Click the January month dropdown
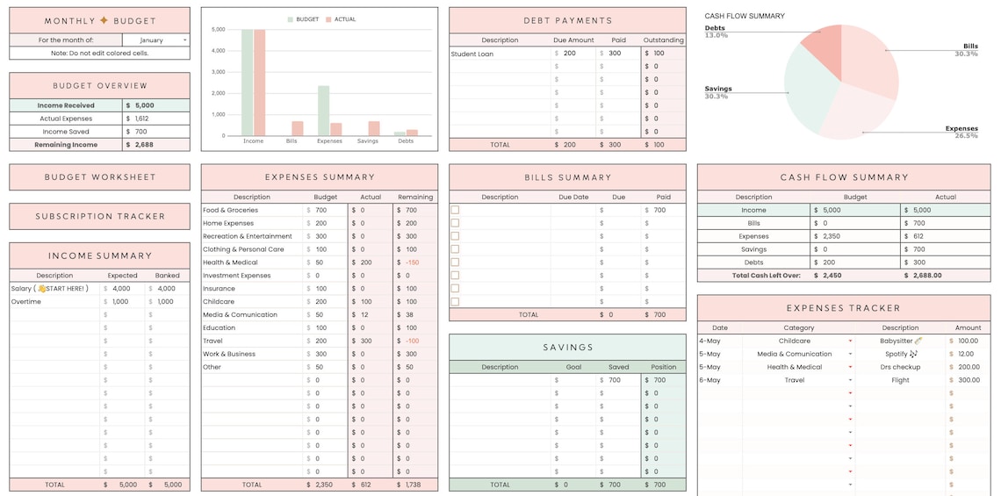(155, 40)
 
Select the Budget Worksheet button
(99, 177)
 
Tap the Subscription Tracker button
(99, 216)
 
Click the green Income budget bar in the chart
(247, 83)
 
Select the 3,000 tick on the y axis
(219, 72)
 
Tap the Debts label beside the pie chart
(715, 28)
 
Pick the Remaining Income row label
(66, 145)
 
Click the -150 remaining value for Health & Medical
(413, 262)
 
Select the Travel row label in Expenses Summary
(212, 341)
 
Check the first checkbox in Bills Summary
(455, 210)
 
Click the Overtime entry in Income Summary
(26, 302)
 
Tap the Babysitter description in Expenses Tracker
(897, 341)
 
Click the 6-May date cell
(709, 380)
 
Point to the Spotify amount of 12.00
(967, 354)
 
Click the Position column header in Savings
(663, 367)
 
